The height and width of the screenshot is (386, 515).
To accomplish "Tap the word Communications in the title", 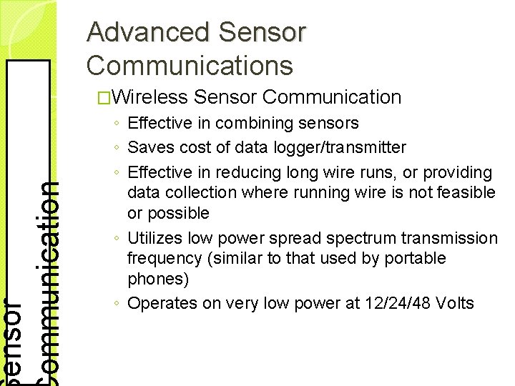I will (190, 65).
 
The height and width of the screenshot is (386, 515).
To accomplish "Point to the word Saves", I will (149, 147).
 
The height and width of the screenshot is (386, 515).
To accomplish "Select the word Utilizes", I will (154, 237).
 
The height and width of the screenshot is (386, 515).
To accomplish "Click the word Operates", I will (159, 303).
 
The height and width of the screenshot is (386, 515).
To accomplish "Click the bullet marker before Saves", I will (117, 149).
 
